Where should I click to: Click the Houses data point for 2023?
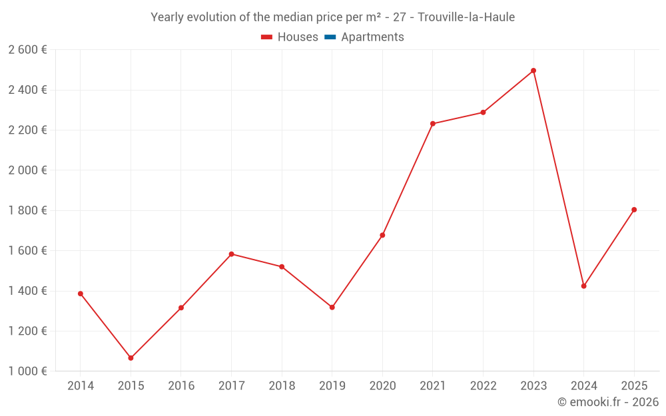point(533,71)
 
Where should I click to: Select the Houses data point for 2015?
point(131,358)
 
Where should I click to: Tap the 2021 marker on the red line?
point(433,124)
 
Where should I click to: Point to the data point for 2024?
point(584,286)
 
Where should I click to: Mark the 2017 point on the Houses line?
point(231,254)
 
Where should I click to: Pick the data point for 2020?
point(382,235)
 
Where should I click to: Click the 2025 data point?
point(634,210)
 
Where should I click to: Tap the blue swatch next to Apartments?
point(330,37)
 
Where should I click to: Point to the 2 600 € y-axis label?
point(27,50)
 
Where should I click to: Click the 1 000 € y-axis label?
point(27,371)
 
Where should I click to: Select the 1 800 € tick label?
point(27,210)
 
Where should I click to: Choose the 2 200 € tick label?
point(27,130)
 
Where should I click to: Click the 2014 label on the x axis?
point(81,386)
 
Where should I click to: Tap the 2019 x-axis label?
point(332,386)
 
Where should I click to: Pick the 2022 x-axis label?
point(483,386)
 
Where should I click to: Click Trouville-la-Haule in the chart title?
point(466,17)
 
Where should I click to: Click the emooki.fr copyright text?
point(608,402)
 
